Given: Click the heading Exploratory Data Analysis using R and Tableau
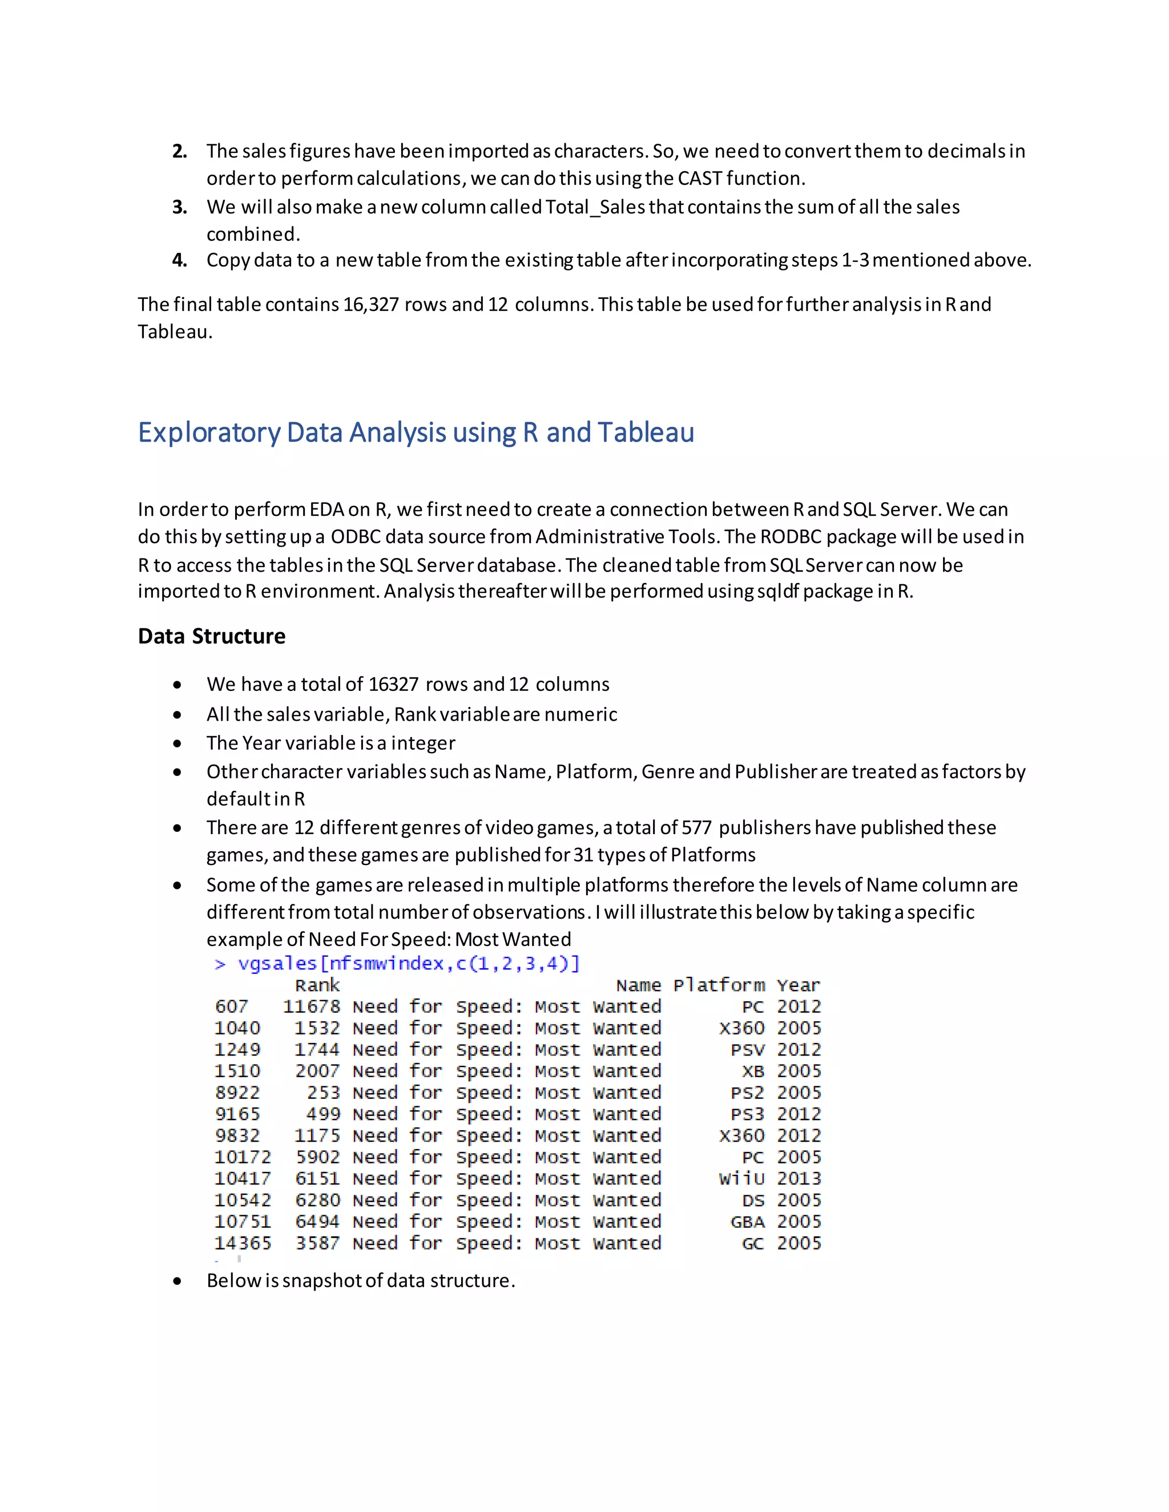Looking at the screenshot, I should point(416,432).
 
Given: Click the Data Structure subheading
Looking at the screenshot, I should point(211,636).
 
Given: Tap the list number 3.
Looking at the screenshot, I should point(179,207).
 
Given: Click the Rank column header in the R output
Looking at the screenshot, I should point(317,985).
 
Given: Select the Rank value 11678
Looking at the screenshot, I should point(311,1006).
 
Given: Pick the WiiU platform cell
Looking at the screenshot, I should point(741,1178).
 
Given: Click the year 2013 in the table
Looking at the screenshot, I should point(799,1178).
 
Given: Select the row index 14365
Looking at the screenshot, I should point(243,1243).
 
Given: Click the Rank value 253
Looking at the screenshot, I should point(324,1093).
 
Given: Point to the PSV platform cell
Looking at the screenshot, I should point(747,1049).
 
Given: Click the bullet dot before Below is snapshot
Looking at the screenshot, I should point(178,1281).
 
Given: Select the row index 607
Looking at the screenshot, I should point(231,1006).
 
